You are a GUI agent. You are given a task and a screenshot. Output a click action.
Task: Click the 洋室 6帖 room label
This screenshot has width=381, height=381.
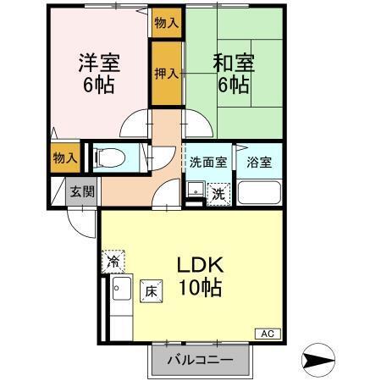pyautogui.click(x=99, y=73)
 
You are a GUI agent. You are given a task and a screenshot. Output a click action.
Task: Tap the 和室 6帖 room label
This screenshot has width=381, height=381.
pyautogui.click(x=229, y=73)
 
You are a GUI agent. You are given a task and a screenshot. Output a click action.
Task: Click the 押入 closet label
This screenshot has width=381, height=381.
pyautogui.click(x=166, y=75)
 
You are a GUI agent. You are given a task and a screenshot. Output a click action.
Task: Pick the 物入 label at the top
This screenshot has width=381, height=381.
pyautogui.click(x=166, y=23)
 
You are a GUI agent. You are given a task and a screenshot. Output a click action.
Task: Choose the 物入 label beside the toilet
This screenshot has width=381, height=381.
pyautogui.click(x=65, y=157)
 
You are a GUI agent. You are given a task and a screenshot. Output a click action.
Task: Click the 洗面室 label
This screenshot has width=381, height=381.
pyautogui.click(x=207, y=162)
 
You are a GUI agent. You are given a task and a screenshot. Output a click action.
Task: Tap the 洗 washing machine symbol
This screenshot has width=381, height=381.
pyautogui.click(x=218, y=194)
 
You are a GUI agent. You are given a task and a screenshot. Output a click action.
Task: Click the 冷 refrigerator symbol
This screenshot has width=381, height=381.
pyautogui.click(x=113, y=262)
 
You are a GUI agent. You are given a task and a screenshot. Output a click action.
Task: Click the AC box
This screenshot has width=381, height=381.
pyautogui.click(x=266, y=333)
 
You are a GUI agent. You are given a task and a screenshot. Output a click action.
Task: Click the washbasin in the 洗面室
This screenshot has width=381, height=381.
pyautogui.click(x=195, y=190)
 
